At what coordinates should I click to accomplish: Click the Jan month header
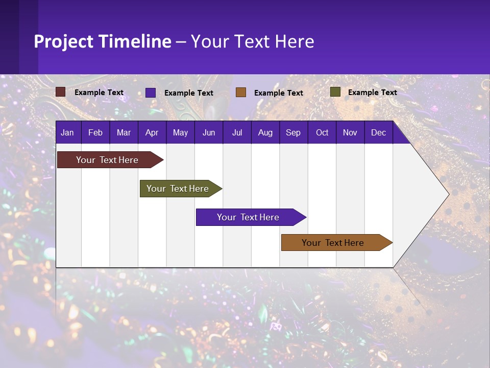click(67, 133)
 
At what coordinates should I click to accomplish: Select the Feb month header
click(95, 133)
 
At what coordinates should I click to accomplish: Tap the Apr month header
click(152, 133)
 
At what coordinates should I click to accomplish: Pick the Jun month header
click(209, 133)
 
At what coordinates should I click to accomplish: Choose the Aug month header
click(265, 133)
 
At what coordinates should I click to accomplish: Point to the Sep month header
click(293, 133)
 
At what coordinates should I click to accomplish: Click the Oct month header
click(322, 133)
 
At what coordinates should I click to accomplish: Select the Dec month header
click(379, 133)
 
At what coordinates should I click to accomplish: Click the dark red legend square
click(61, 92)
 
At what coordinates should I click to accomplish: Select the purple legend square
click(151, 93)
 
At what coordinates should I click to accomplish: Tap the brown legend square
click(241, 93)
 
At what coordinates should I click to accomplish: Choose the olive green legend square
click(335, 92)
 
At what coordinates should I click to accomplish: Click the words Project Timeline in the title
click(103, 41)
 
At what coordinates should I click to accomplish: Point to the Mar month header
click(124, 133)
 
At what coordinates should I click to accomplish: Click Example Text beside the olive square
click(372, 93)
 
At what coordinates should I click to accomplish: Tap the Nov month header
click(350, 133)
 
